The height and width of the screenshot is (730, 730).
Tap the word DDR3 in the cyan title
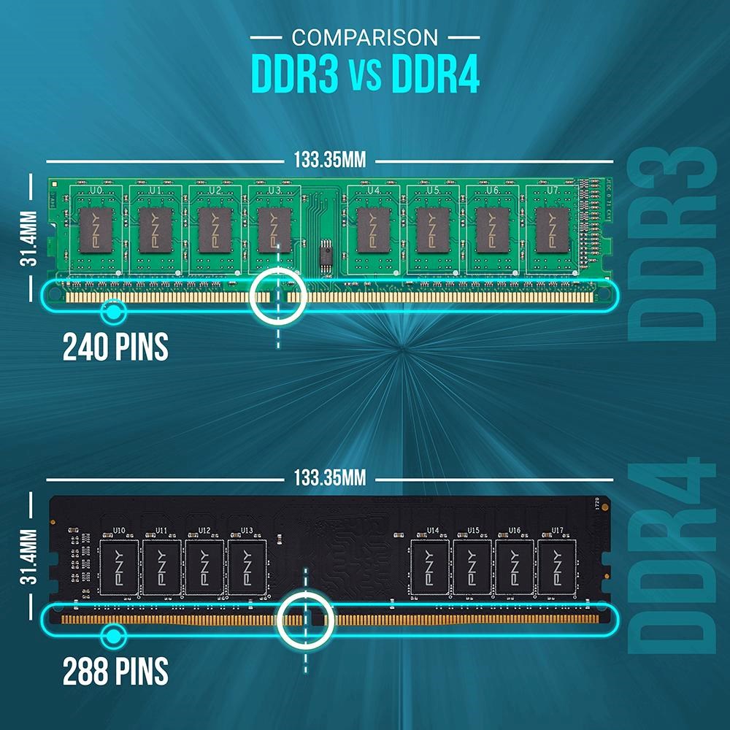[295, 74]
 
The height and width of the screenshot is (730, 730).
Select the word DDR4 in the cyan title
[435, 74]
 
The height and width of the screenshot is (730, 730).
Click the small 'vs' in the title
[364, 77]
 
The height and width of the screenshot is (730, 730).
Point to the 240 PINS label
[115, 347]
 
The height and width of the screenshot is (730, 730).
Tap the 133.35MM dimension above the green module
[329, 160]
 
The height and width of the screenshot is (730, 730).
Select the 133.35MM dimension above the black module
[329, 478]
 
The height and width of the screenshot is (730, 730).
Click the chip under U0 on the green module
[96, 229]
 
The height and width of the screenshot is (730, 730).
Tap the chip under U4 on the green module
[374, 229]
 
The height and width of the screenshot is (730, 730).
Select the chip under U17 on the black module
[557, 567]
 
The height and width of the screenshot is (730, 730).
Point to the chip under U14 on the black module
[431, 567]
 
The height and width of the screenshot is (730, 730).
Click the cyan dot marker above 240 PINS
[112, 312]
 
